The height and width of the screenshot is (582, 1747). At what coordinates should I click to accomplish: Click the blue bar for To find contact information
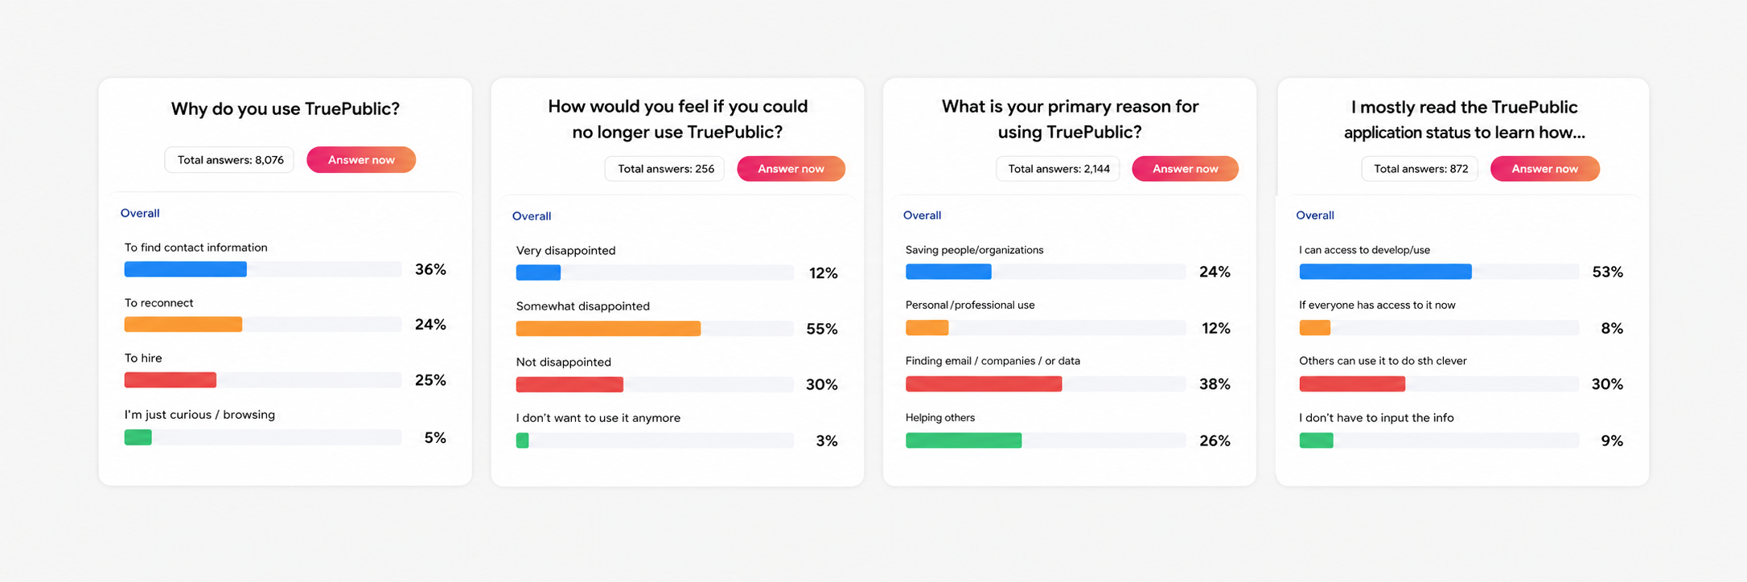tap(185, 269)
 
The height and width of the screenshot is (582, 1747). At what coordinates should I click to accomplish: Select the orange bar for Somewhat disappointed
tap(608, 329)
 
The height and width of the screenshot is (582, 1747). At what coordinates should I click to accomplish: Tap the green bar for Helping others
tap(964, 441)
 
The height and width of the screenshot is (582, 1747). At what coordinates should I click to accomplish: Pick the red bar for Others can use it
tap(1352, 384)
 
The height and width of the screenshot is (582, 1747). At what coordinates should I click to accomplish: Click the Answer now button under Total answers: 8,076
tap(361, 160)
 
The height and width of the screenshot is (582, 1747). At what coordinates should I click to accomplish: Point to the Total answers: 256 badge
tap(665, 169)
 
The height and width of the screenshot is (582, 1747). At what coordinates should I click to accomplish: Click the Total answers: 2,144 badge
tap(1058, 169)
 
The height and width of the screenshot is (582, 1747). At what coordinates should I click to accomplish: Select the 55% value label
tap(822, 329)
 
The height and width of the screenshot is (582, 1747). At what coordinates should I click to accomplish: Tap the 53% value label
tap(1607, 272)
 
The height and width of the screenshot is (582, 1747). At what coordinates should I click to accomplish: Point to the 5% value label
tap(435, 437)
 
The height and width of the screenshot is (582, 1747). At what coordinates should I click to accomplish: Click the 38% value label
tap(1215, 384)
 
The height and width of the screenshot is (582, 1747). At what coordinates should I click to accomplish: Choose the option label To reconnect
tap(158, 303)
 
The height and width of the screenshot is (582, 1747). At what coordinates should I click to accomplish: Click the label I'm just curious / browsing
tap(199, 415)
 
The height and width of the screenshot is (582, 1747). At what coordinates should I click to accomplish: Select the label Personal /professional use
tap(970, 305)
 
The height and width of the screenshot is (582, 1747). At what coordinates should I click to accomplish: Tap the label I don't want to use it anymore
tap(598, 418)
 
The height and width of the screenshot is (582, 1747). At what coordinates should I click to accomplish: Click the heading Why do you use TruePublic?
tap(286, 109)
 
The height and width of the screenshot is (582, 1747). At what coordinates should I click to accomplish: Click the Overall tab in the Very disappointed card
tap(532, 216)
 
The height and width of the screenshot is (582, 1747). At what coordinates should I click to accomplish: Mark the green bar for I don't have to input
tap(1316, 441)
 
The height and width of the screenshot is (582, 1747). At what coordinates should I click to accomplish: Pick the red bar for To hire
tap(170, 379)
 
